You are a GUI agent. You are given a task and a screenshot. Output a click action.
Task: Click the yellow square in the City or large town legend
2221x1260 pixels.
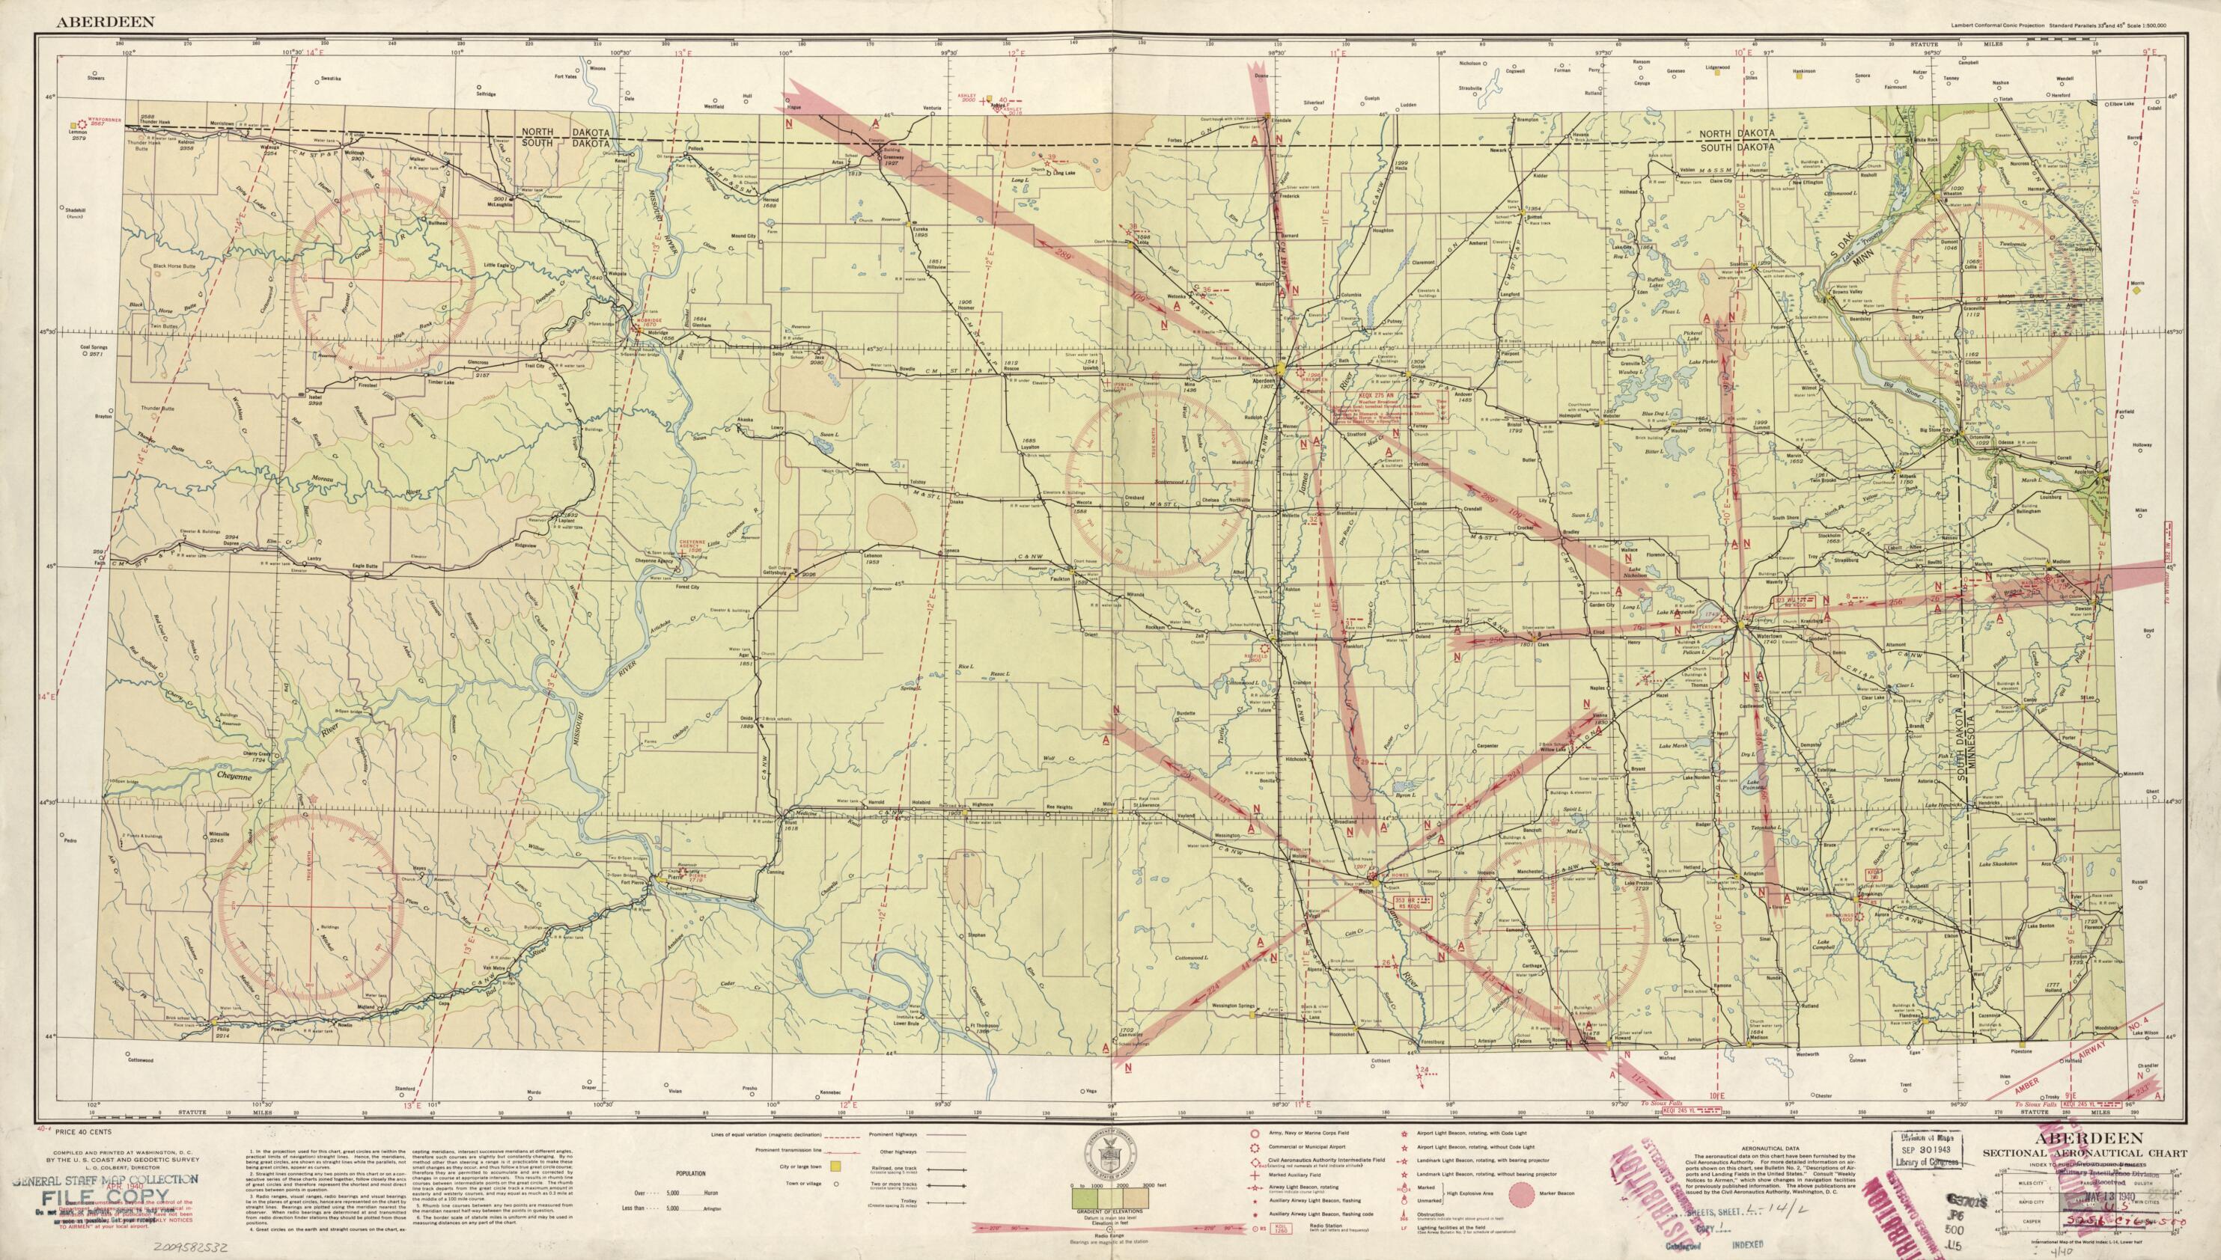pyautogui.click(x=836, y=1167)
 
